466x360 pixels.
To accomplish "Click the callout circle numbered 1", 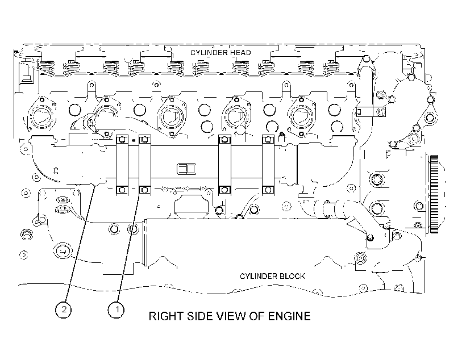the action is coord(116,310).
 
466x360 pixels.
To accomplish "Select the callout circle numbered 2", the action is coord(63,310).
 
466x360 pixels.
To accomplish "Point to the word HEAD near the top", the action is coord(241,53).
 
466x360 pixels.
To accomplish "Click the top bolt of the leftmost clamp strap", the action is coord(122,139).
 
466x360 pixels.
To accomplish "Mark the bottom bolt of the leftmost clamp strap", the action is coord(122,190).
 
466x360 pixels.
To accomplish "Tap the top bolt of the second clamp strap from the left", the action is coord(145,139).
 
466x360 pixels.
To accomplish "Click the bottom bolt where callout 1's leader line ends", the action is coord(145,190).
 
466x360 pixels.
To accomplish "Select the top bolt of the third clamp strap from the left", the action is coord(224,139).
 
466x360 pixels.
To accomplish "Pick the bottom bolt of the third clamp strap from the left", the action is coord(224,190).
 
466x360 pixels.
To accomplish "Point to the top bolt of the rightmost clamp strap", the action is coord(268,139).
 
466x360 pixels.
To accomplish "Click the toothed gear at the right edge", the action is coord(434,194).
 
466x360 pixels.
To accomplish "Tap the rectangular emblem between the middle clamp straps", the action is coord(186,169).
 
